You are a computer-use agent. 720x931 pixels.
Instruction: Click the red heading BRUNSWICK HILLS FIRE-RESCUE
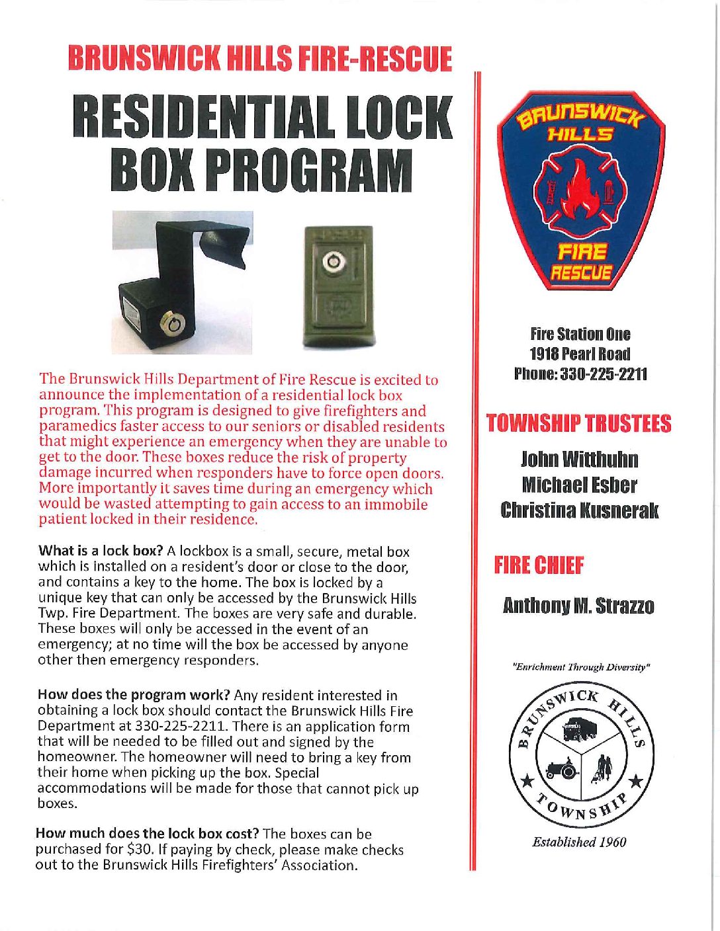click(259, 59)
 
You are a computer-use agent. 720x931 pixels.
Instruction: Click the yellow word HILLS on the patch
click(580, 135)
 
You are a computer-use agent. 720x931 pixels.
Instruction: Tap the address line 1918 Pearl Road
click(580, 354)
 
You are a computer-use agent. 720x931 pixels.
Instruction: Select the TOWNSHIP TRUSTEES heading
click(578, 424)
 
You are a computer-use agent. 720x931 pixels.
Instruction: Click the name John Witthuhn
click(580, 459)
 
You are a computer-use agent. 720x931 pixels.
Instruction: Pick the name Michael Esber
click(579, 485)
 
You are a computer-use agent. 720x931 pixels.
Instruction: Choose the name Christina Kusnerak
click(580, 510)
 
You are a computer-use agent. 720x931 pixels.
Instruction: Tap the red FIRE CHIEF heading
click(539, 566)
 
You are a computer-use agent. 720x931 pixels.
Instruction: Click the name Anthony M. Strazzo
click(578, 606)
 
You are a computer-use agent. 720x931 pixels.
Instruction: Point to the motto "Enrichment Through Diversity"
click(580, 667)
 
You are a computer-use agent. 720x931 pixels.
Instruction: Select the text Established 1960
click(579, 842)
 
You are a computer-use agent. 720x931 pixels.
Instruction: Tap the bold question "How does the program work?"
click(133, 695)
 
